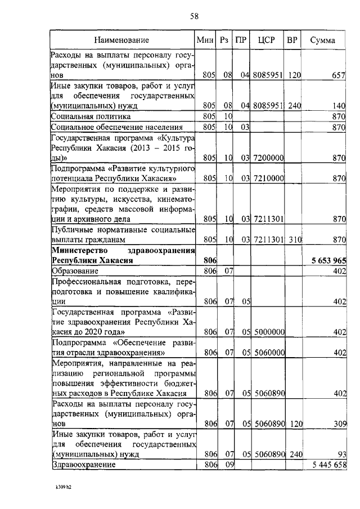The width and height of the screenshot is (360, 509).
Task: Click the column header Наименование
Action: pos(121,40)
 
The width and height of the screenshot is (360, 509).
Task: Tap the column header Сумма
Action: pos(323,40)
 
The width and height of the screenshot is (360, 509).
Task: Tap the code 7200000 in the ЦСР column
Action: pos(268,159)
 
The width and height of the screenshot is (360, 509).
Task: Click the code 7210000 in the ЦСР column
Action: pos(268,178)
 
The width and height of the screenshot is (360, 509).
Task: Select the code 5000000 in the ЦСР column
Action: pos(268,332)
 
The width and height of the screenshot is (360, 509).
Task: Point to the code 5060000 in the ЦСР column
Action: pos(268,353)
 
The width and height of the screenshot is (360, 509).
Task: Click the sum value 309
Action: pos(337,424)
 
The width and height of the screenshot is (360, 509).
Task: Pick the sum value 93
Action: pos(340,454)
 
